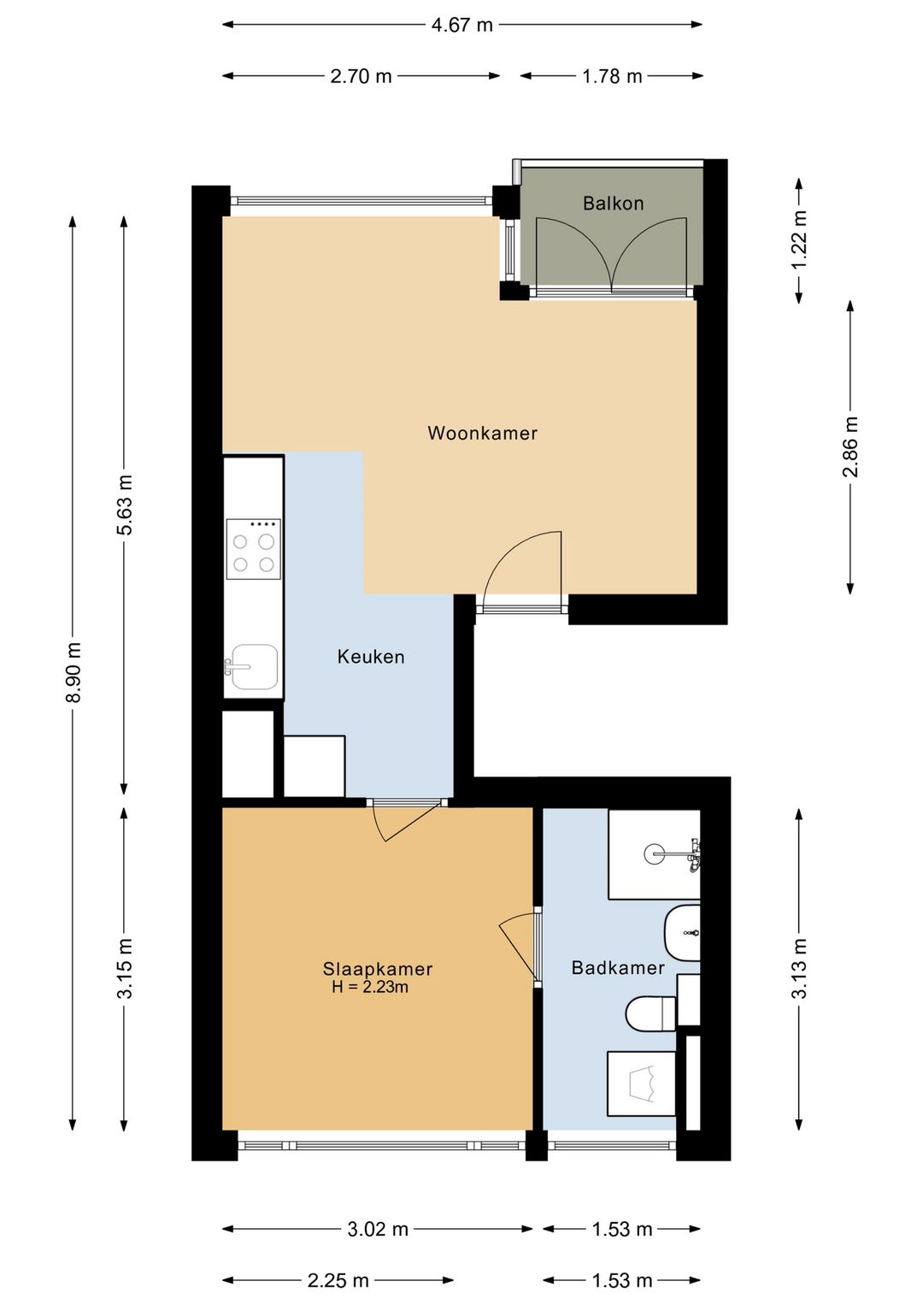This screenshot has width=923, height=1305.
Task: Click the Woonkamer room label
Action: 482,434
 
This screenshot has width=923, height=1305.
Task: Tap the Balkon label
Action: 614,204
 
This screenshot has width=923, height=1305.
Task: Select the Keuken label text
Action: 371,657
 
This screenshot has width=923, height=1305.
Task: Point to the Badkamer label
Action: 618,968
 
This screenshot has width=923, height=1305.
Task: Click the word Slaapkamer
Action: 378,969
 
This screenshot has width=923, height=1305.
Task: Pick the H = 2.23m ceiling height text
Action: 370,987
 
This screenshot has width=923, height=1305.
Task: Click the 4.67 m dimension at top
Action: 461,25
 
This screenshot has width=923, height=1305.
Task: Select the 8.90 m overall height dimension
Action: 73,672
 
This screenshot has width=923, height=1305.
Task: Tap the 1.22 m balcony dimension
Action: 799,239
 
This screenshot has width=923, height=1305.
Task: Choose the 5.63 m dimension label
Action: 125,505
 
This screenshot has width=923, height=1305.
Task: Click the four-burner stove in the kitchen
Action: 253,549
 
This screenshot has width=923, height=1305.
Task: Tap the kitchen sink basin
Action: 255,666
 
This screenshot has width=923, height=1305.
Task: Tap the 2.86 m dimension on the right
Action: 850,447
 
